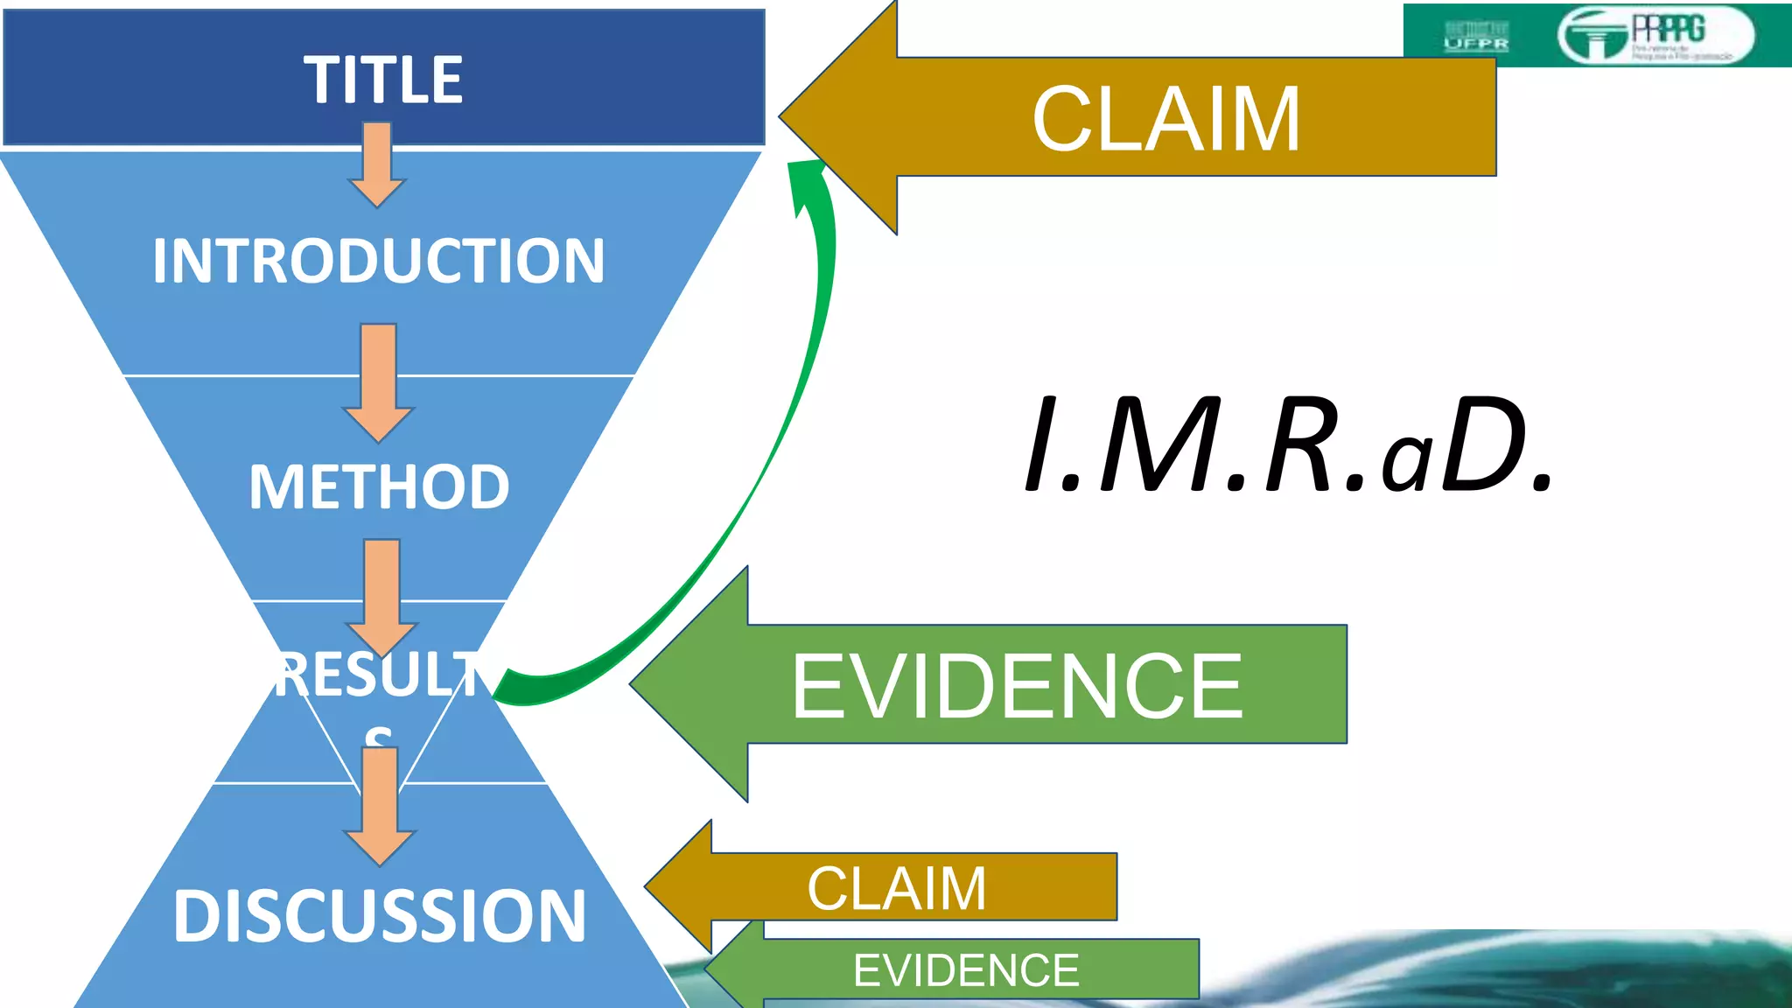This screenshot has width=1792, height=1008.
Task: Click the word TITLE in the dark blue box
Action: coord(383,80)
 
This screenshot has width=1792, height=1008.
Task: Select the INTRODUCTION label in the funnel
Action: coord(378,261)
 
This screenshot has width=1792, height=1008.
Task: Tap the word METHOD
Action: coord(379,486)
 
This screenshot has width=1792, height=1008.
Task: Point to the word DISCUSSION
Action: coord(379,915)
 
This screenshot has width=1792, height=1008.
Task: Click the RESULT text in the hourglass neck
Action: coord(378,675)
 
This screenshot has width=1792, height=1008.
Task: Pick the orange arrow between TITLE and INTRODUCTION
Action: coord(377,164)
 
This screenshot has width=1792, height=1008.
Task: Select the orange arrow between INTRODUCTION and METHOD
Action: coord(378,382)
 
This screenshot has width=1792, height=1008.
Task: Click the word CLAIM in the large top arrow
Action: coord(1165,119)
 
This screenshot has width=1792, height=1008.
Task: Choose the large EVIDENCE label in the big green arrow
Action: coord(1017,687)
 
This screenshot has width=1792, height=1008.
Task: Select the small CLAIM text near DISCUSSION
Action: coord(897,888)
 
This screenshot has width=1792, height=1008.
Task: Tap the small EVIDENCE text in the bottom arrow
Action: coord(966,970)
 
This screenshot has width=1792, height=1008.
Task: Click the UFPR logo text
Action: coord(1476,43)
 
